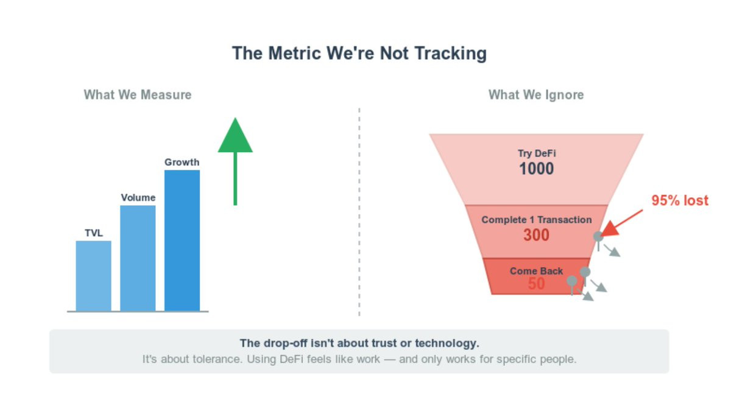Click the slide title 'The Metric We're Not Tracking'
point(359,53)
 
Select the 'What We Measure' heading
point(138,95)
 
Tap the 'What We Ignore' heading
point(536,95)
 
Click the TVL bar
point(94,276)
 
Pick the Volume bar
point(138,258)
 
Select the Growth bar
point(182,241)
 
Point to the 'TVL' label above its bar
point(94,233)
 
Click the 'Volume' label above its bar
point(138,198)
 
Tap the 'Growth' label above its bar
point(182,162)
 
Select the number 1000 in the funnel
point(537,169)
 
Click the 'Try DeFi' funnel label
point(537,153)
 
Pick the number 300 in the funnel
point(537,235)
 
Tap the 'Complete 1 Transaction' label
point(537,220)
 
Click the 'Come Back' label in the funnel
point(536,271)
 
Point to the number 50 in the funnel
point(536,284)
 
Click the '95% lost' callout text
point(680,200)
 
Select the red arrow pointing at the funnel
point(621,223)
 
